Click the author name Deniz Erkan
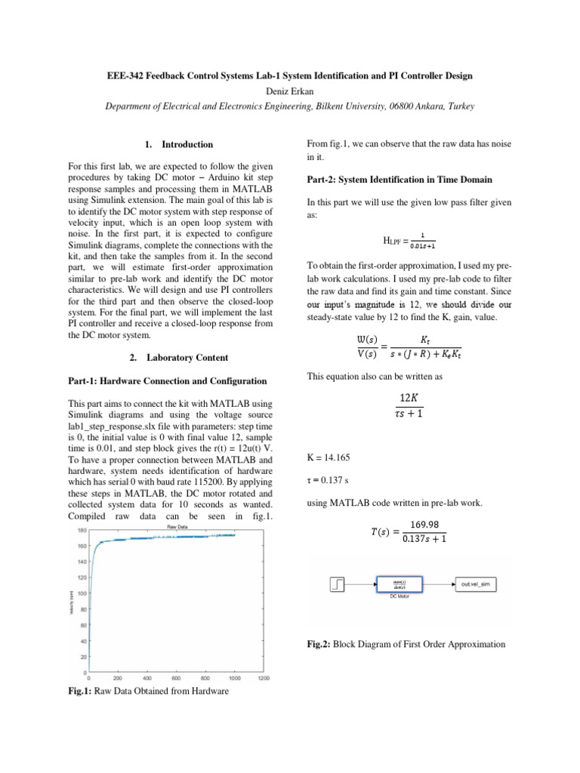[x=290, y=91]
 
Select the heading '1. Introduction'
[x=178, y=144]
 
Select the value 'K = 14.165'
[x=328, y=457]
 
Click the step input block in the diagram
[x=338, y=584]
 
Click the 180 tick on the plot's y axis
[x=81, y=531]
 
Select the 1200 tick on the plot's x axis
[x=263, y=678]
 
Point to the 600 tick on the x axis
[x=176, y=678]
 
